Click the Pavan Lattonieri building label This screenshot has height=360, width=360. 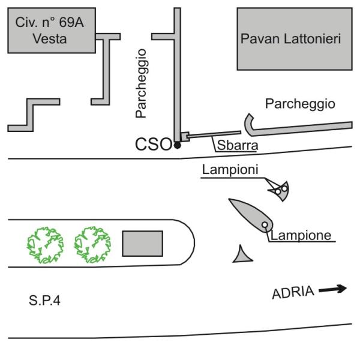290,40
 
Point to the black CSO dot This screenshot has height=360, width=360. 177,145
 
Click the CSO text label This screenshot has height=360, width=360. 154,145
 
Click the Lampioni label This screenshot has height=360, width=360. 230,170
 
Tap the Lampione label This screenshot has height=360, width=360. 301,235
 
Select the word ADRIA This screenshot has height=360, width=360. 293,293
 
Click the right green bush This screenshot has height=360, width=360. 93,244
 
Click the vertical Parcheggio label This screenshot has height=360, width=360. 141,83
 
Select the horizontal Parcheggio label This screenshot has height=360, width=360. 299,104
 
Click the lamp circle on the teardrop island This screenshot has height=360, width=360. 265,225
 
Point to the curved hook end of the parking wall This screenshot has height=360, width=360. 250,123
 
